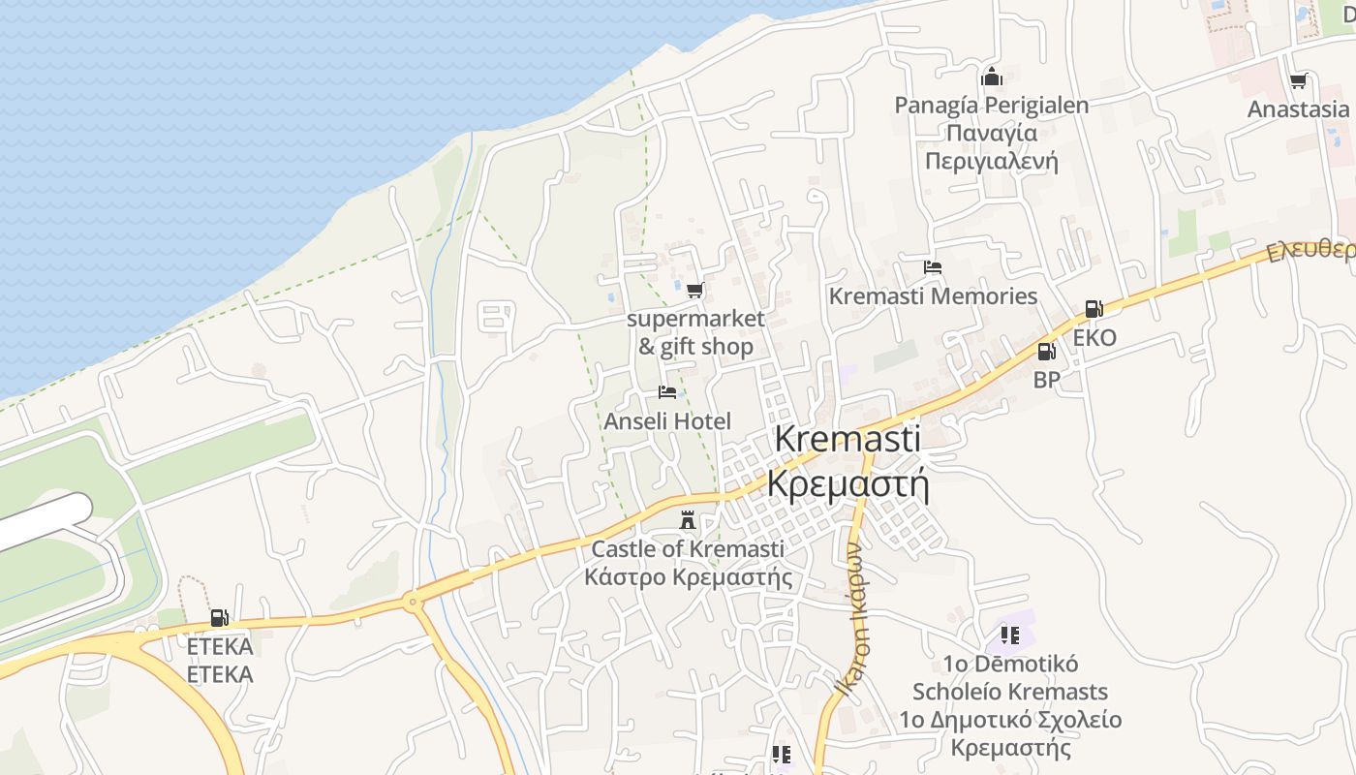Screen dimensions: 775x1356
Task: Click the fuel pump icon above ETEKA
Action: (x=220, y=618)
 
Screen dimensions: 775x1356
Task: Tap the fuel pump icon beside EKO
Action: (x=1094, y=309)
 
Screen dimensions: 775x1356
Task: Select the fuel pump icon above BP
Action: (x=1046, y=352)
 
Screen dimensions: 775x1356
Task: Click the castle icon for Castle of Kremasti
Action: (x=688, y=521)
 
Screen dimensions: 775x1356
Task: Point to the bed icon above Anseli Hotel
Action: (x=666, y=392)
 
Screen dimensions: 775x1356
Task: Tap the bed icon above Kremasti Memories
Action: (x=933, y=267)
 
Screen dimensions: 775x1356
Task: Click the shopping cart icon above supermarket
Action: (x=694, y=290)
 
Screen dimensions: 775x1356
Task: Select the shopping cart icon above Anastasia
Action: (x=1298, y=80)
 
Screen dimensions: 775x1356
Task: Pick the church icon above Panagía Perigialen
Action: (x=991, y=77)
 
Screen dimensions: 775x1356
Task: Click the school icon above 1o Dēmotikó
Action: (x=1010, y=635)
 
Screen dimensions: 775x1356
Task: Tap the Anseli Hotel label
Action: (x=667, y=421)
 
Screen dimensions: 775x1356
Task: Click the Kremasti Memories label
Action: (x=933, y=296)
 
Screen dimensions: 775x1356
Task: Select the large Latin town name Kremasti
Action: (x=847, y=438)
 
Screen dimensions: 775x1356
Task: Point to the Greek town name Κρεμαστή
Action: (x=847, y=482)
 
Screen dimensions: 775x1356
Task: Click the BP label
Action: (x=1046, y=381)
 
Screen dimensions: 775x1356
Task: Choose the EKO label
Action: (x=1094, y=338)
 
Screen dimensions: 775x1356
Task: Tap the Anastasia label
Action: (x=1298, y=109)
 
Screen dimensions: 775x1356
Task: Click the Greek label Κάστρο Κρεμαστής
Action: (x=688, y=578)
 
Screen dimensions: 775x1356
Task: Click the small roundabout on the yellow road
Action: (x=414, y=603)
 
